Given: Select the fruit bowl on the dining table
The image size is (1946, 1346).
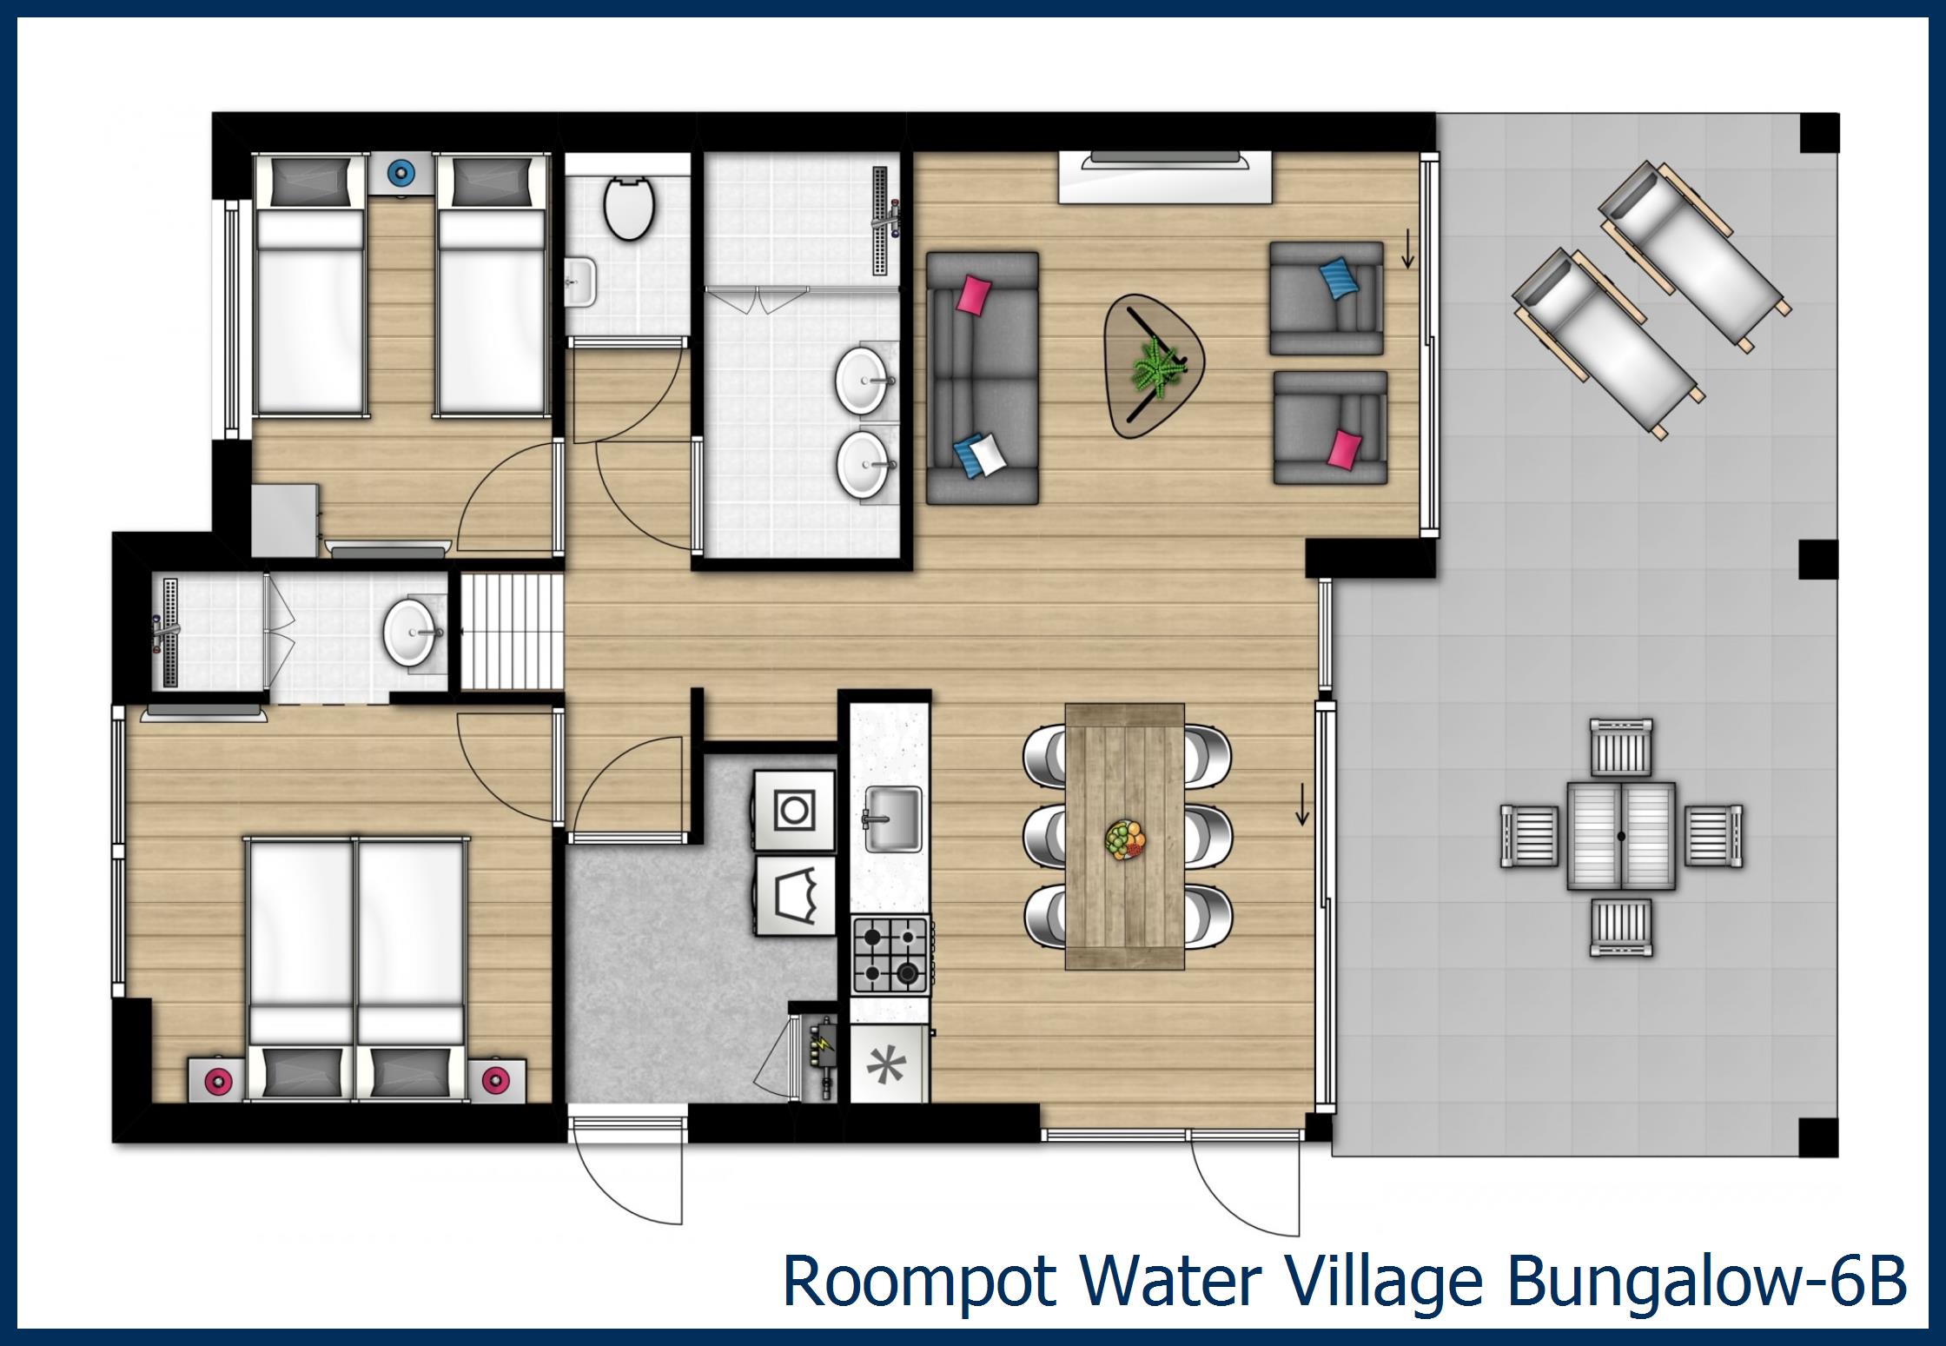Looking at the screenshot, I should pyautogui.click(x=1125, y=840).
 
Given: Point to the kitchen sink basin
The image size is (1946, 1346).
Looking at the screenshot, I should pyautogui.click(x=893, y=819).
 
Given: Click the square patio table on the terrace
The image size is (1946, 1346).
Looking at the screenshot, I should pyautogui.click(x=1621, y=836).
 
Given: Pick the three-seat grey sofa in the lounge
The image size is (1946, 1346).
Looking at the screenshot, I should pyautogui.click(x=982, y=378).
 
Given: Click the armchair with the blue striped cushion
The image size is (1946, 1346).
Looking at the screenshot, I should pyautogui.click(x=1326, y=298).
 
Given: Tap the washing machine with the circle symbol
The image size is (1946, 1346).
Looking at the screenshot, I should pyautogui.click(x=793, y=810).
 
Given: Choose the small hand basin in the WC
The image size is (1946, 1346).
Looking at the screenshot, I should pyautogui.click(x=579, y=282).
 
